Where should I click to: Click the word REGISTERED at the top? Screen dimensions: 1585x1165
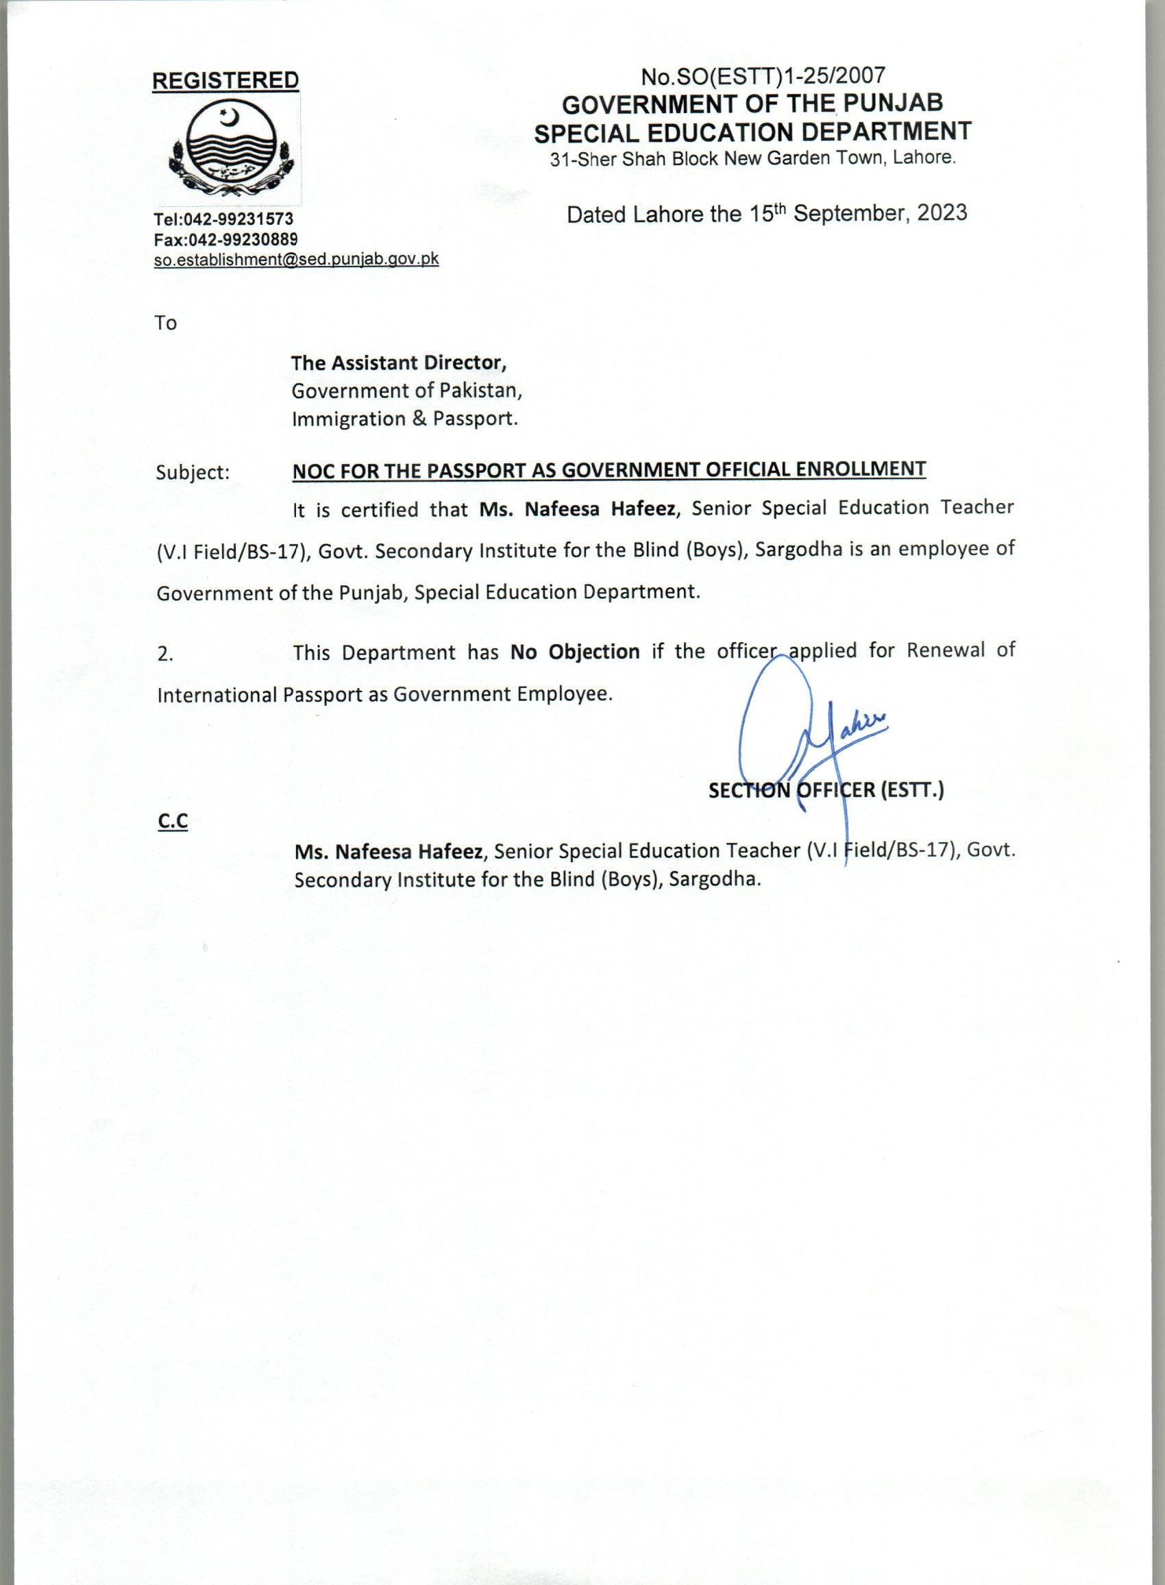[225, 81]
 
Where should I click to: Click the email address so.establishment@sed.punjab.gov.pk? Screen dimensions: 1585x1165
[296, 259]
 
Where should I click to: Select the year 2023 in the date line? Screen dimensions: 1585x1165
[942, 213]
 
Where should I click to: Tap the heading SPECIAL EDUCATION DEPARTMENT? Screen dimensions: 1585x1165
[752, 131]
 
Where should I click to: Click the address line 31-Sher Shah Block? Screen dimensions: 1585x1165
[752, 158]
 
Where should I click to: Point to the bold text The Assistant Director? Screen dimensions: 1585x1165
[399, 363]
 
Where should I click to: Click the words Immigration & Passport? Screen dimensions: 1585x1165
[405, 419]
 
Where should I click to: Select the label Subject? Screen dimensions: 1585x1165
[193, 472]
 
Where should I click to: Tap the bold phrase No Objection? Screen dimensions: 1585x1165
[575, 651]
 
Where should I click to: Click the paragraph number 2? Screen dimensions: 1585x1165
[165, 654]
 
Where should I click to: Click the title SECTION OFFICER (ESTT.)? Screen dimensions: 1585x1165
[826, 790]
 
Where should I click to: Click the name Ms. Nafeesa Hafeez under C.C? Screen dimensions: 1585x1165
[389, 852]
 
